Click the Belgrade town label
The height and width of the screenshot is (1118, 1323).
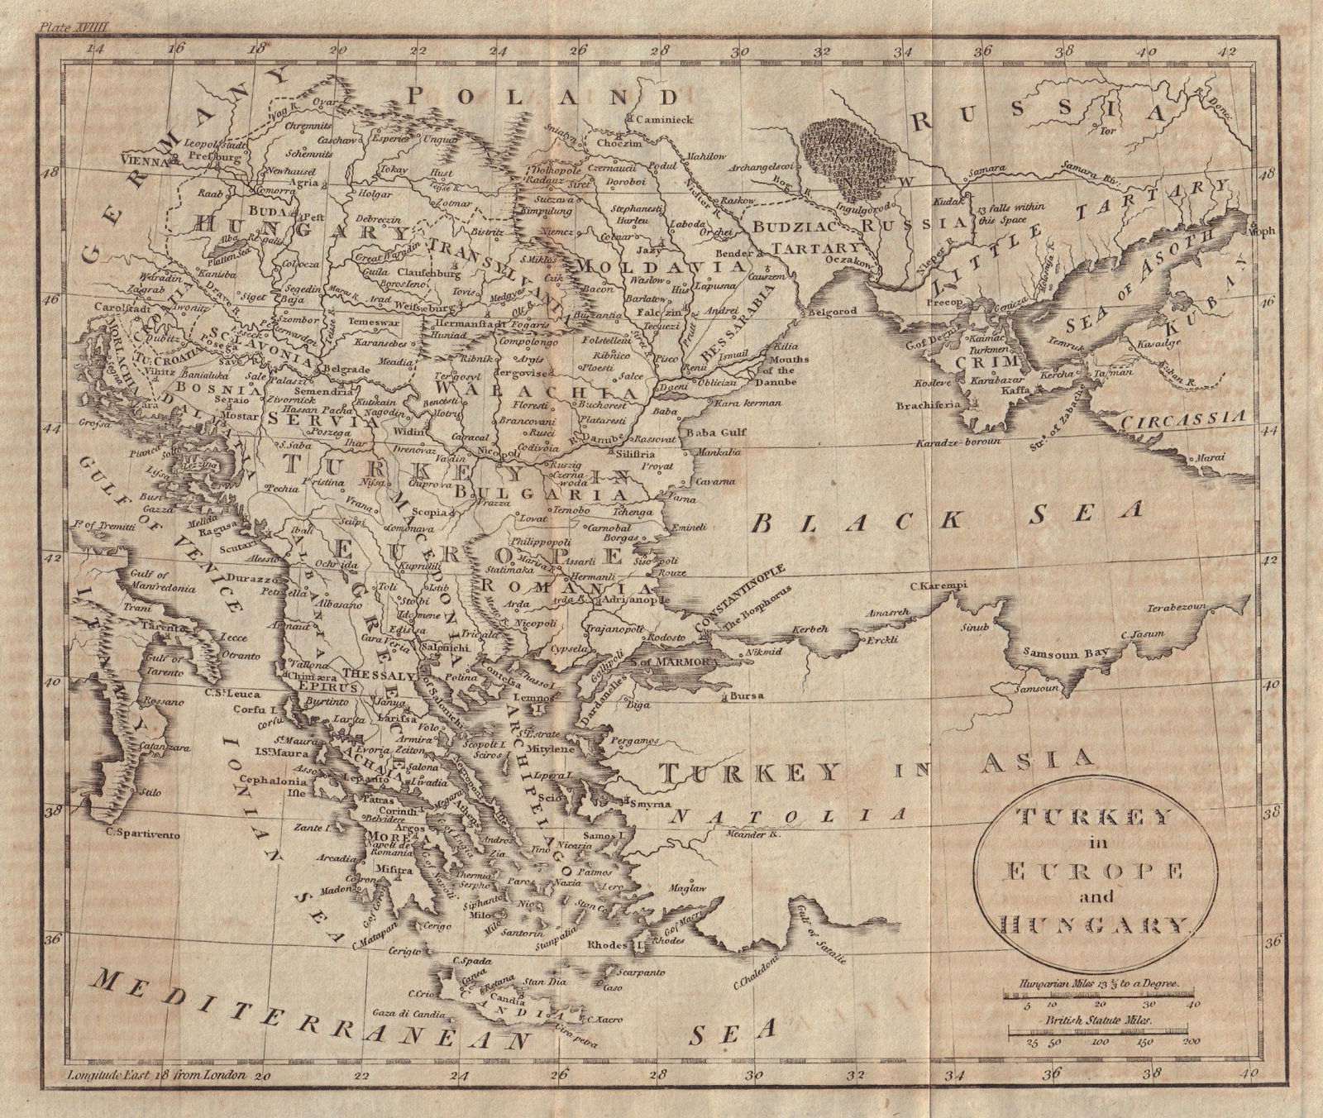click(x=345, y=368)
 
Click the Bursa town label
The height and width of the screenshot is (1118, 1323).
click(x=747, y=696)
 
